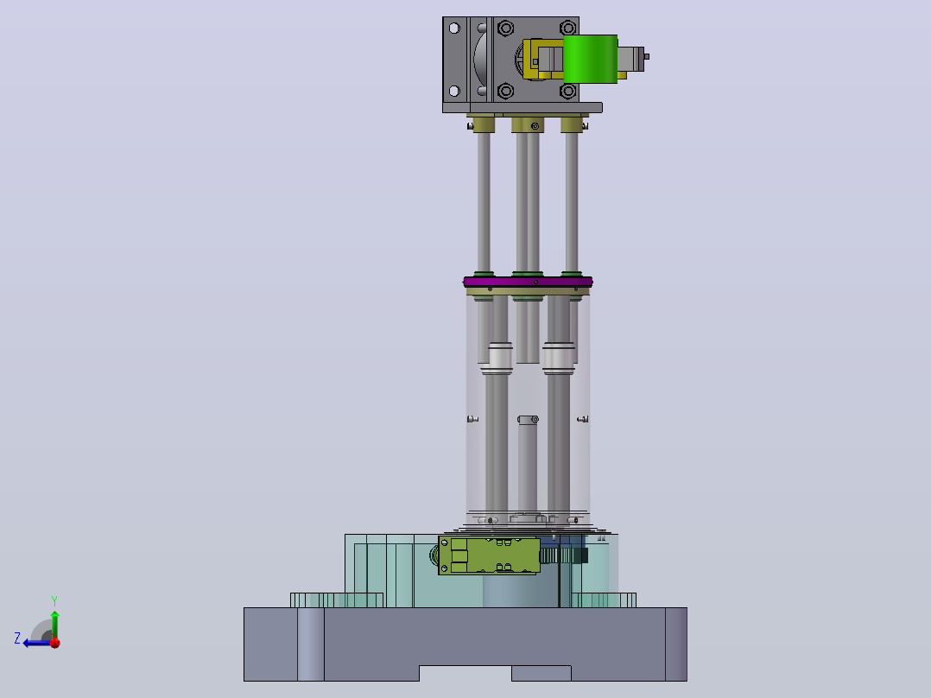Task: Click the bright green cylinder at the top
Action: coord(590,59)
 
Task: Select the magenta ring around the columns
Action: coord(528,282)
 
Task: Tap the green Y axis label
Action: coord(54,600)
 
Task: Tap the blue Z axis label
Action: coord(17,638)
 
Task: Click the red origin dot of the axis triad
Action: coord(55,642)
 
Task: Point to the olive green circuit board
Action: coord(489,555)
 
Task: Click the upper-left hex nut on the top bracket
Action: coord(506,28)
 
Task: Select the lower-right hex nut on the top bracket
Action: coord(568,91)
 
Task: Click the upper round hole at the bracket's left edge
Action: coord(454,28)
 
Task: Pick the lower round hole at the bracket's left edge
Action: coord(454,91)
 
